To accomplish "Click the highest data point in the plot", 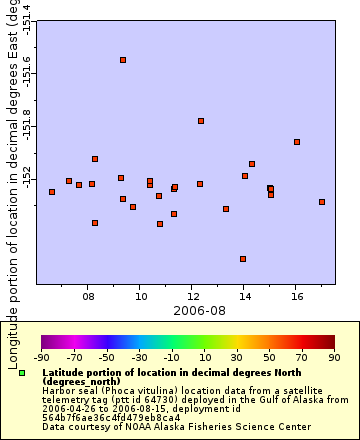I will (123, 60).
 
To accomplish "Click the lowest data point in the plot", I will (243, 259).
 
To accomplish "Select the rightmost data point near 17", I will (322, 202).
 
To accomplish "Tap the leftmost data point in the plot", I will (52, 192).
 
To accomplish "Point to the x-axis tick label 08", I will (88, 296).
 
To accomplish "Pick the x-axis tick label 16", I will (296, 296).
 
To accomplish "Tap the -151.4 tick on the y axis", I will (27, 20).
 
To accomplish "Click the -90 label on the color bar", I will (42, 356).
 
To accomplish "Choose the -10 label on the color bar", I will (172, 356).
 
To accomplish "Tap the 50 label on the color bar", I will (269, 356).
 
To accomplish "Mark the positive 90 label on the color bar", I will (334, 356).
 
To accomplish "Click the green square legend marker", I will (22, 373).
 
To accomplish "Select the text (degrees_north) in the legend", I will (80, 381).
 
